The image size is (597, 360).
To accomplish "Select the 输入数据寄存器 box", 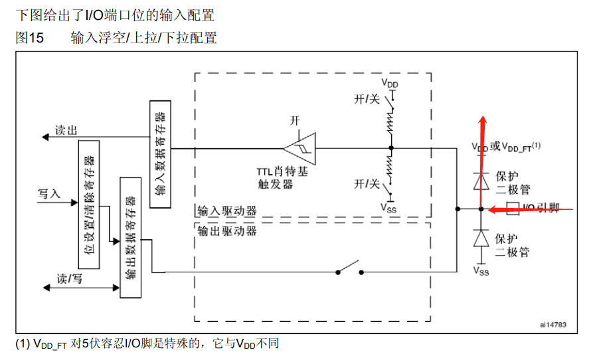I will (x=161, y=155).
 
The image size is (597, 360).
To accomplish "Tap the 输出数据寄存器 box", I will (x=130, y=238).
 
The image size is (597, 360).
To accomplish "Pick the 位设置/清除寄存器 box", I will (x=89, y=205).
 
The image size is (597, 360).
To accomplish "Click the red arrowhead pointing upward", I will (x=483, y=123).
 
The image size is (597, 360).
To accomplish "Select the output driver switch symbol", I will (x=349, y=268).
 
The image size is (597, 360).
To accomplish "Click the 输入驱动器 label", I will (x=227, y=211).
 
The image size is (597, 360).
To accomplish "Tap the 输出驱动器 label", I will (x=227, y=231).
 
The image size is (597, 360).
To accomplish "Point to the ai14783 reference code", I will (x=554, y=325).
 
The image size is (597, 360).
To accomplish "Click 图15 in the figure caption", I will (x=29, y=38).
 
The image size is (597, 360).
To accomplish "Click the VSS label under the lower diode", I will (x=481, y=270).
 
